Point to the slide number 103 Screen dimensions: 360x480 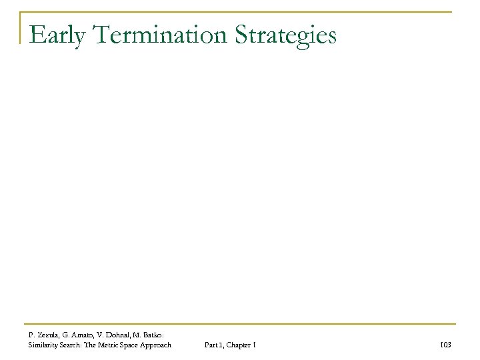tap(446, 345)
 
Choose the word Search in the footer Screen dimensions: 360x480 tap(76, 345)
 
